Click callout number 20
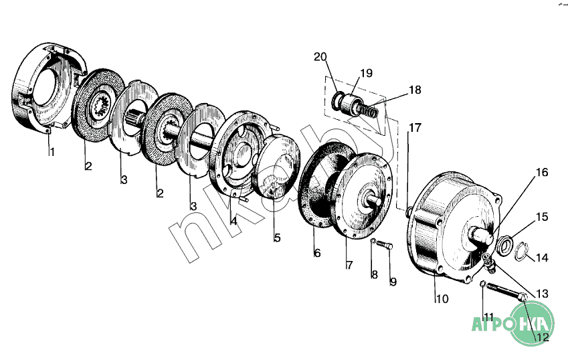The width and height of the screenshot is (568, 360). click(320, 57)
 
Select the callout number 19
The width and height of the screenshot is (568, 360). click(366, 73)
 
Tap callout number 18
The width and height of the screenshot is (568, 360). click(415, 90)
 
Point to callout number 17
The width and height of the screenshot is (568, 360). click(415, 128)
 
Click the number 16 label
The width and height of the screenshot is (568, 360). click(542, 173)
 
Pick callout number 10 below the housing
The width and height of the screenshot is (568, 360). click(442, 299)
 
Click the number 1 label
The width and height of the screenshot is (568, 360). click(52, 152)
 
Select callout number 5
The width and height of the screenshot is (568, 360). click(277, 238)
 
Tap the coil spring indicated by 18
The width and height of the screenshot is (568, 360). click(369, 110)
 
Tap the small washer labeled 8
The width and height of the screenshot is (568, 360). click(373, 241)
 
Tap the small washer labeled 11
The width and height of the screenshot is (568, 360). click(482, 283)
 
